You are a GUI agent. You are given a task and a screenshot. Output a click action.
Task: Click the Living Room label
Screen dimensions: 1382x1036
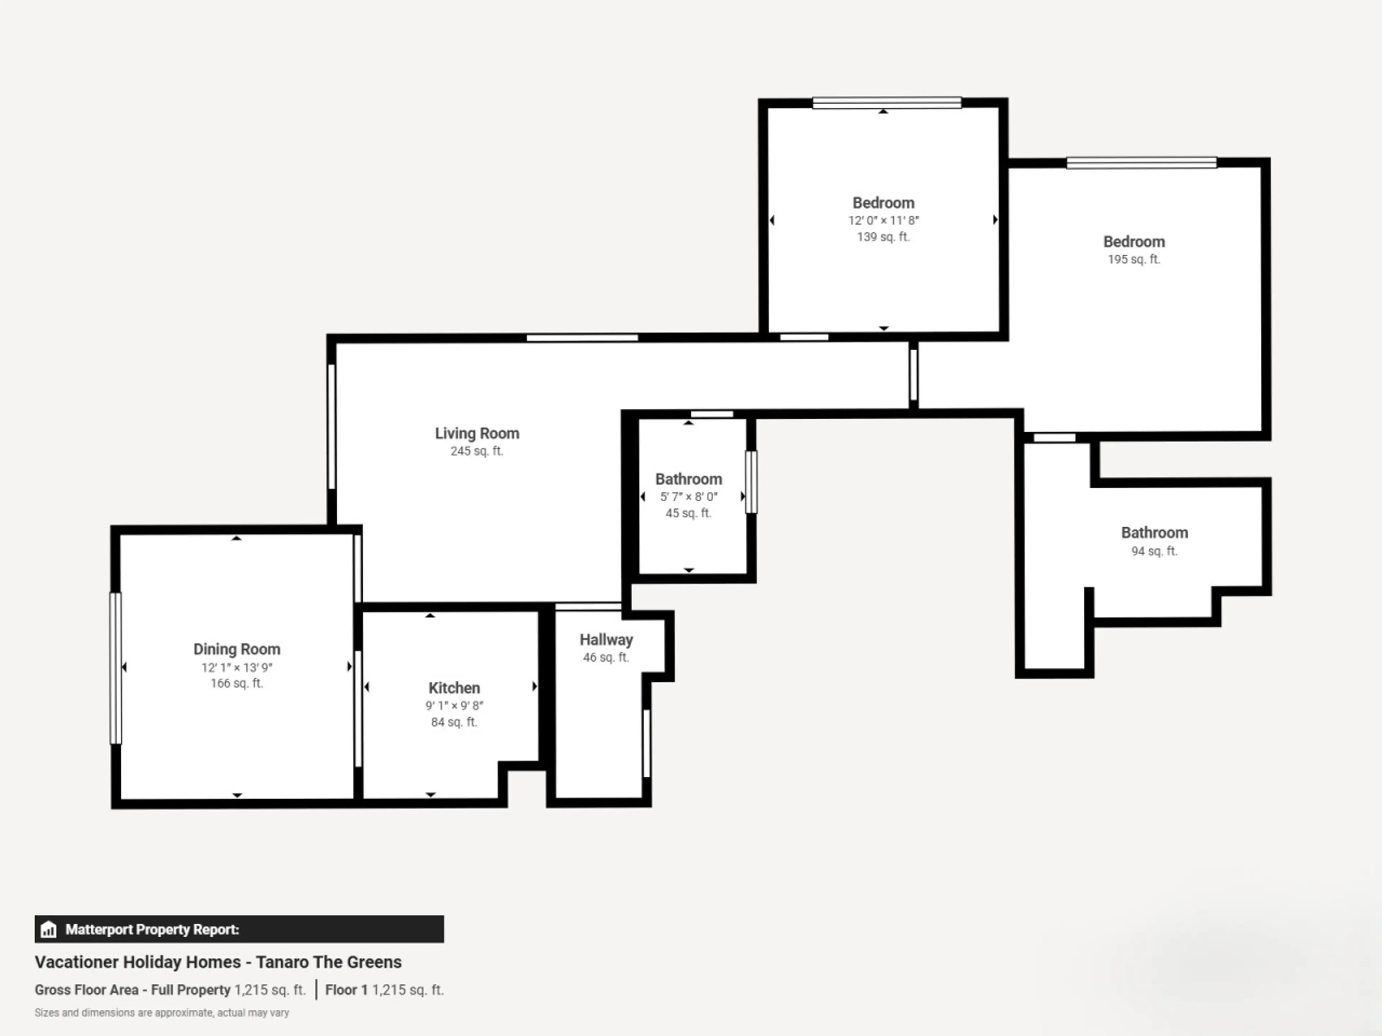(477, 433)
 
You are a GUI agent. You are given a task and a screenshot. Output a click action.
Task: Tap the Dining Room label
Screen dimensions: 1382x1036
(237, 649)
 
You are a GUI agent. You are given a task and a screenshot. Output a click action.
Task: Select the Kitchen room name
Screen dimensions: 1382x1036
(454, 688)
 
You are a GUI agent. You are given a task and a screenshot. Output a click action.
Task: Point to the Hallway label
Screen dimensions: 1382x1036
(606, 640)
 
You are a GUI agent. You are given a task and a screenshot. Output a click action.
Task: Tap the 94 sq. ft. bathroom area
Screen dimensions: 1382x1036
(1154, 551)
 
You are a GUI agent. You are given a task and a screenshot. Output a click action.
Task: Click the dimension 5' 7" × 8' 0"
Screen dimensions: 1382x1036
(688, 497)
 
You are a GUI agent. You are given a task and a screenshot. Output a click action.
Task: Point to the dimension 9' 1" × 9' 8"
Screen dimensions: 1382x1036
(454, 706)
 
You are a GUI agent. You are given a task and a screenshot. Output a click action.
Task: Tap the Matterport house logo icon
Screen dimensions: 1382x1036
(48, 930)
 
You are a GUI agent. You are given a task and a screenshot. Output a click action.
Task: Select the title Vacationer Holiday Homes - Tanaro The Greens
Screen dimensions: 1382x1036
(218, 962)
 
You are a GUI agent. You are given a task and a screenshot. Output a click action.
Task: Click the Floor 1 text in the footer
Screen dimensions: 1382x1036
(346, 990)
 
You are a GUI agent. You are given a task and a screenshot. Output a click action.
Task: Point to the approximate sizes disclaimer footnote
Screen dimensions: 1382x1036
(162, 1013)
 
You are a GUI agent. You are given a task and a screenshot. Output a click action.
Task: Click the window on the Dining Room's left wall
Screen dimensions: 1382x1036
(116, 668)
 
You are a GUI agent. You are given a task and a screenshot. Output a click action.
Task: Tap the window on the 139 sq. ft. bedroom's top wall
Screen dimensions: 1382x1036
(886, 103)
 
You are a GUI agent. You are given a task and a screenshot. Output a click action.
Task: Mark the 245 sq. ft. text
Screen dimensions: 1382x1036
(477, 451)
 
